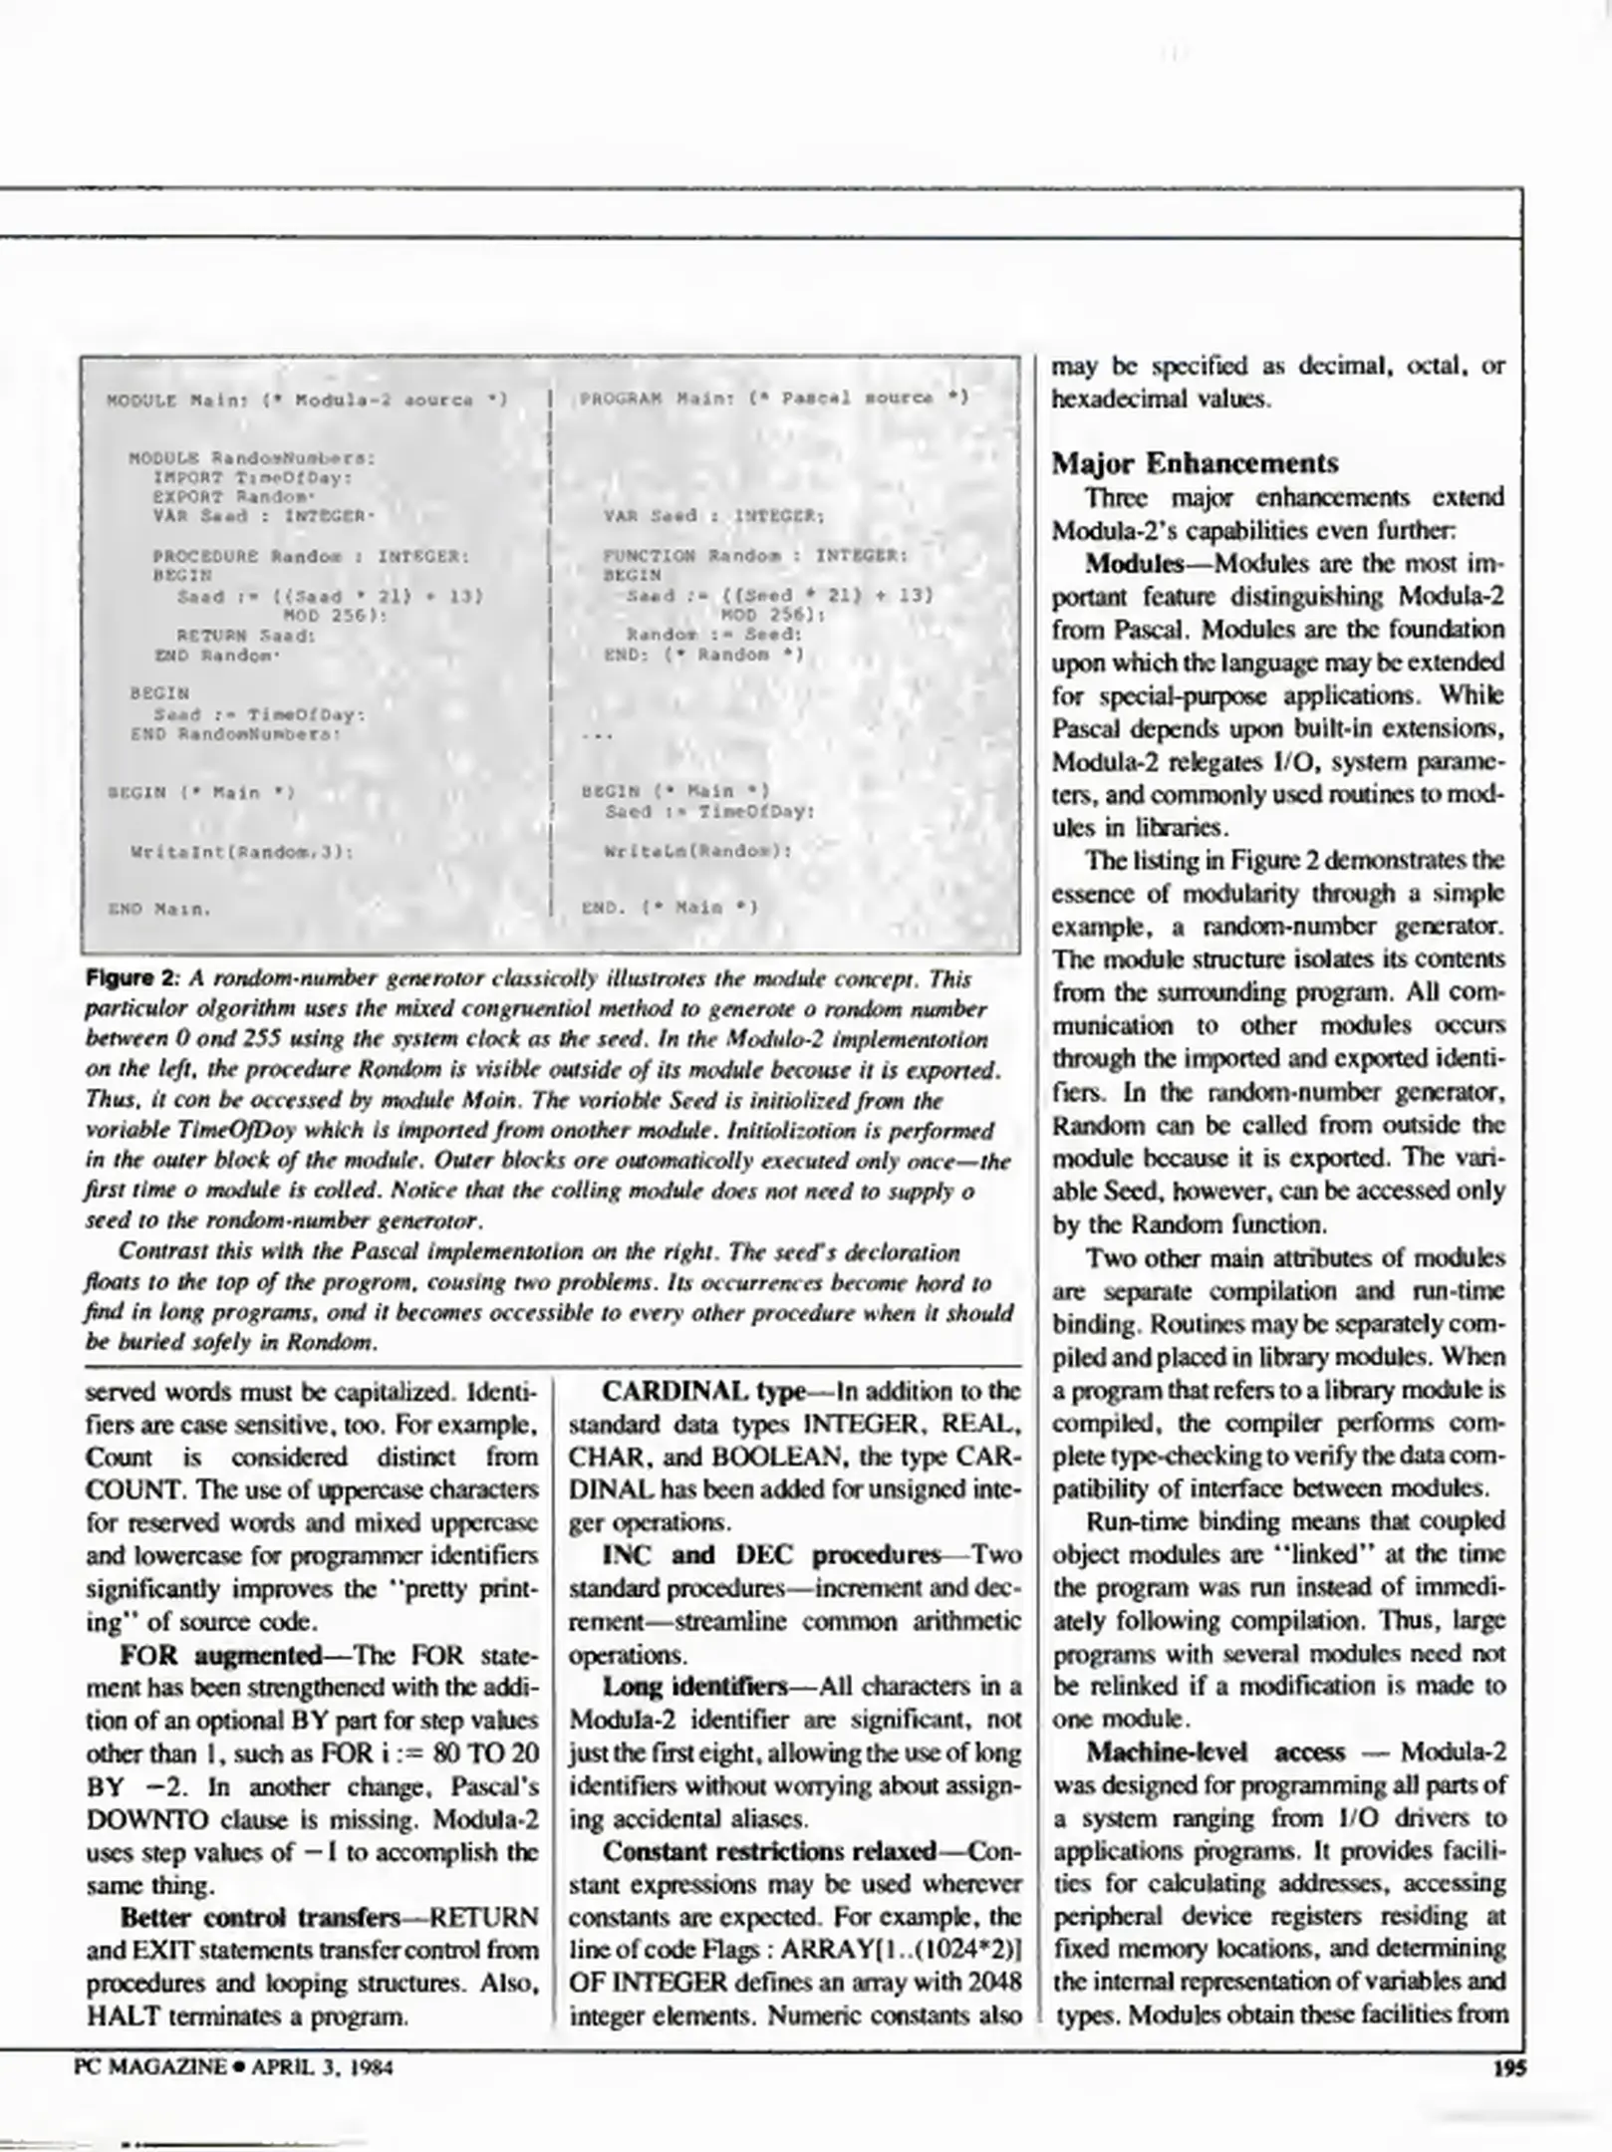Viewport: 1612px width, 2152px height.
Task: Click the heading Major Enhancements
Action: coord(1196,463)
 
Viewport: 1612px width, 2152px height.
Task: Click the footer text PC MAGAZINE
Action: coord(150,2067)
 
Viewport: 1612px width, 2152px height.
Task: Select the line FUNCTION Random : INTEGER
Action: coord(755,555)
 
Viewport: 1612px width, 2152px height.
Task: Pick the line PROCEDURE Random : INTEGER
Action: coord(310,556)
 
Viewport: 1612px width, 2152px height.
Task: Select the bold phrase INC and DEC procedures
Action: coord(771,1555)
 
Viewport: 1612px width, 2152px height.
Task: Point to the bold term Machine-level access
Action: coord(1214,1752)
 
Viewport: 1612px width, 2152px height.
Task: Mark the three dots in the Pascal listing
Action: coord(595,736)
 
